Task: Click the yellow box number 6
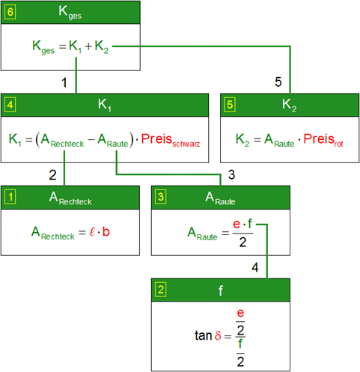(x=10, y=12)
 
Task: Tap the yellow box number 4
(x=10, y=105)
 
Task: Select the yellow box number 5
(x=230, y=105)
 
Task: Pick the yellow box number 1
(x=10, y=197)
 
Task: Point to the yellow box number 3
(x=161, y=197)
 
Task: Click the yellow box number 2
(x=161, y=290)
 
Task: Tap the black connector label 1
(x=64, y=82)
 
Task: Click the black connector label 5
(x=278, y=82)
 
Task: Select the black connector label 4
(x=255, y=268)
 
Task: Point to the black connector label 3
(x=231, y=174)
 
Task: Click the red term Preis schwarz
(x=171, y=140)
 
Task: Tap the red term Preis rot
(x=323, y=140)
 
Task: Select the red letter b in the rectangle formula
(x=106, y=231)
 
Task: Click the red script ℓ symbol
(x=92, y=231)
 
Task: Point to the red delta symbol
(x=218, y=335)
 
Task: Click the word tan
(x=204, y=335)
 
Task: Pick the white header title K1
(x=105, y=105)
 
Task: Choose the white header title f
(x=221, y=290)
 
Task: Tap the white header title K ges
(x=70, y=13)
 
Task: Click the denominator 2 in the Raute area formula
(x=242, y=242)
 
